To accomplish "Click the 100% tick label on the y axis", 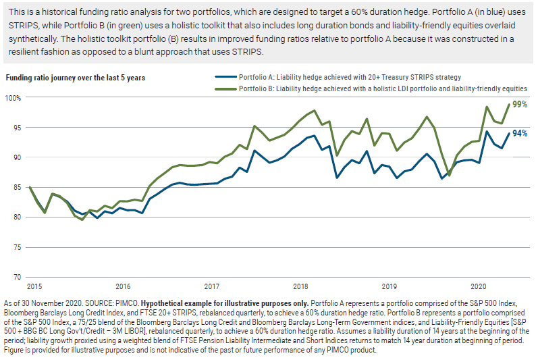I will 14,98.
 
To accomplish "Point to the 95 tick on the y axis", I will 16,128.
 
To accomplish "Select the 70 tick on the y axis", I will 16,277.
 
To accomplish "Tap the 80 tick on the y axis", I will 16,217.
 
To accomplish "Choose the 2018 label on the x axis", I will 300,286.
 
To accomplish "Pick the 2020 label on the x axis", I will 478,286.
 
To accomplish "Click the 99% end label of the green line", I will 519,105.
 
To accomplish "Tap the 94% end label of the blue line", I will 519,133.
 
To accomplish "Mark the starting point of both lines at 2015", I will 30,187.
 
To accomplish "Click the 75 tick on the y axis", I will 16,247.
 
